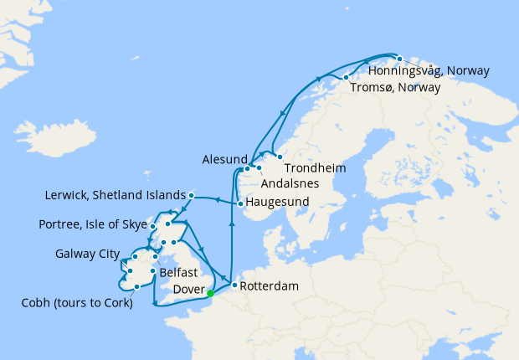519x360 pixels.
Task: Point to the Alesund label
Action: point(224,159)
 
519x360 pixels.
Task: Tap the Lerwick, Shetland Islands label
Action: point(114,196)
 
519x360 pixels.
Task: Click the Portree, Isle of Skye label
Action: point(91,224)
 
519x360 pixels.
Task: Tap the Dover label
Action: point(187,290)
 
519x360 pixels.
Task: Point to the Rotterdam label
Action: point(270,285)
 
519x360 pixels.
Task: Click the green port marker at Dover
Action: point(210,293)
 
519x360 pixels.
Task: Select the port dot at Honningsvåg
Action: point(399,59)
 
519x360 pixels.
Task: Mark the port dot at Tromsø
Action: point(346,78)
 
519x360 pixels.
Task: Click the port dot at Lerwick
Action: point(191,196)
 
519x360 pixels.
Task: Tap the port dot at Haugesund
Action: point(240,203)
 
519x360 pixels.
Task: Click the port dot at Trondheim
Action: point(280,157)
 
